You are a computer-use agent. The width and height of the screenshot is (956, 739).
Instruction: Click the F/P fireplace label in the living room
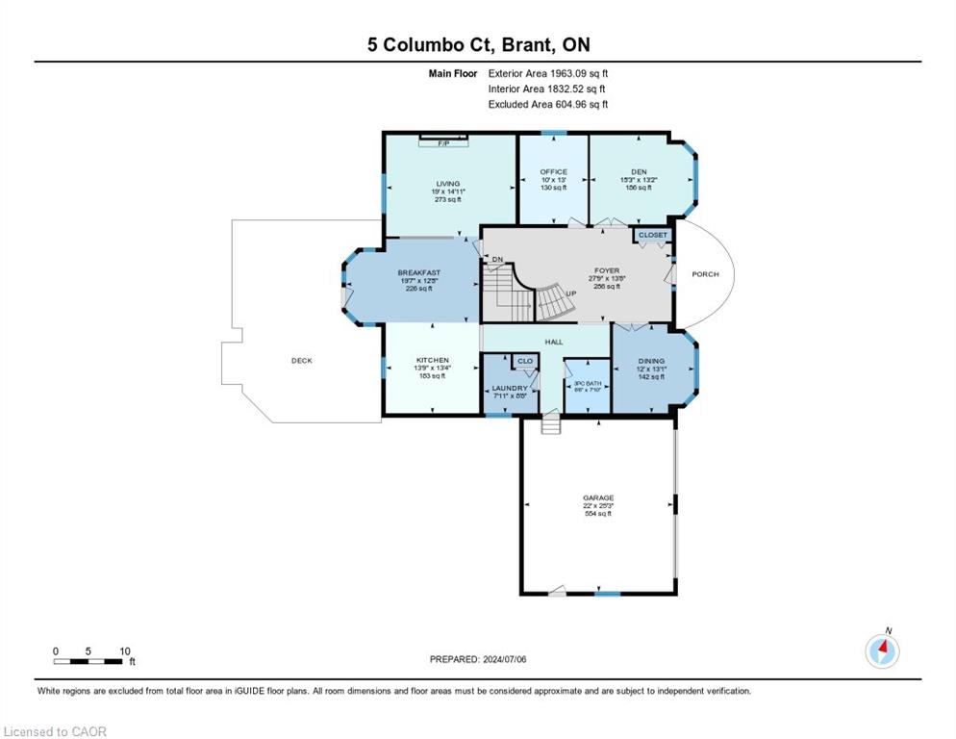click(x=443, y=143)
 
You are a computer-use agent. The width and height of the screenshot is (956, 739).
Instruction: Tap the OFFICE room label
click(x=553, y=172)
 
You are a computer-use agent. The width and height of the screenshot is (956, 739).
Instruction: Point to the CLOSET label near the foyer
click(x=652, y=234)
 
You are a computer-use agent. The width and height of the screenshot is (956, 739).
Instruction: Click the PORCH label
click(x=705, y=274)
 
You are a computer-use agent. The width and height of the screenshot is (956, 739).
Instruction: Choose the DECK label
click(x=302, y=361)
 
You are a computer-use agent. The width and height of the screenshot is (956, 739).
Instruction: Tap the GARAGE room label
click(x=598, y=497)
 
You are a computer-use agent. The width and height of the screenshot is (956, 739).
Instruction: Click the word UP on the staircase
click(x=570, y=293)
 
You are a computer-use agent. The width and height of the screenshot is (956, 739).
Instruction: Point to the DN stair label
click(x=497, y=260)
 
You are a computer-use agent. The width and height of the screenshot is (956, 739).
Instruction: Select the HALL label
click(x=554, y=342)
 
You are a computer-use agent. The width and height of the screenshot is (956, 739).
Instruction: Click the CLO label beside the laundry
click(x=525, y=362)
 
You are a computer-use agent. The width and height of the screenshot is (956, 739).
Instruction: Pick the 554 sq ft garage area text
click(x=598, y=514)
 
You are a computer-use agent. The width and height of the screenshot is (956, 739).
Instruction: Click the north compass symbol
click(x=882, y=651)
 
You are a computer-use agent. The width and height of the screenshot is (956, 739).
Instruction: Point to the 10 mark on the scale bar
click(x=124, y=650)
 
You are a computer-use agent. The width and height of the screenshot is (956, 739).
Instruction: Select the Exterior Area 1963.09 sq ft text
click(x=548, y=73)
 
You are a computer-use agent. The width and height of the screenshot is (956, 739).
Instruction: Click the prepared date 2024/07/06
click(x=512, y=659)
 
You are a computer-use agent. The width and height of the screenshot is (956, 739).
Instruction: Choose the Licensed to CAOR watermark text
click(x=56, y=731)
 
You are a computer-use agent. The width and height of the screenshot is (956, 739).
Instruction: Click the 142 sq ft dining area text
click(x=651, y=377)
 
